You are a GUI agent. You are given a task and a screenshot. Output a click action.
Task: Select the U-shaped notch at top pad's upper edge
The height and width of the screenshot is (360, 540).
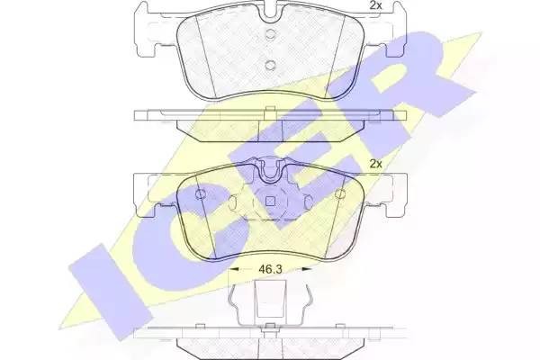270,14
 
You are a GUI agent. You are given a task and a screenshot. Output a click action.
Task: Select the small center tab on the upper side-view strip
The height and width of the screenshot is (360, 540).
270,112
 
